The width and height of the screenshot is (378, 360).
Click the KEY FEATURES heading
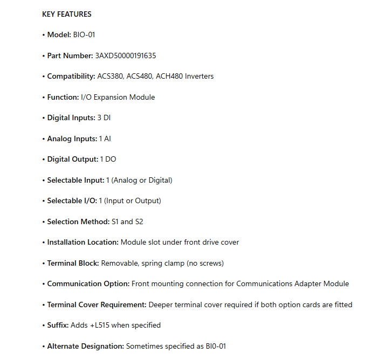tap(67, 14)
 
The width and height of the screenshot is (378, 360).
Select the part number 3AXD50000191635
tap(126, 56)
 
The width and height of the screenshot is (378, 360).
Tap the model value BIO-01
tap(85, 35)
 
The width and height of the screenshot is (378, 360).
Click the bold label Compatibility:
tap(71, 77)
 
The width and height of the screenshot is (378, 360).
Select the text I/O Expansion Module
tap(118, 97)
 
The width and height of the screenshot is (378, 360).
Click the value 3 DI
tap(104, 118)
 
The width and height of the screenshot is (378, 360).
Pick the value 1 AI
tap(105, 139)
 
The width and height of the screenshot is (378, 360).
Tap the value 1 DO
tap(108, 160)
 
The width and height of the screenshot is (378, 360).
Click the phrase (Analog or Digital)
tap(142, 180)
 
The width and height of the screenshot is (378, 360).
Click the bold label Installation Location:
tap(83, 243)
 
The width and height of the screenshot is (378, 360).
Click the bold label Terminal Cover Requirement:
tap(97, 304)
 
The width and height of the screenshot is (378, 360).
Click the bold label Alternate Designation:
tap(85, 346)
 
